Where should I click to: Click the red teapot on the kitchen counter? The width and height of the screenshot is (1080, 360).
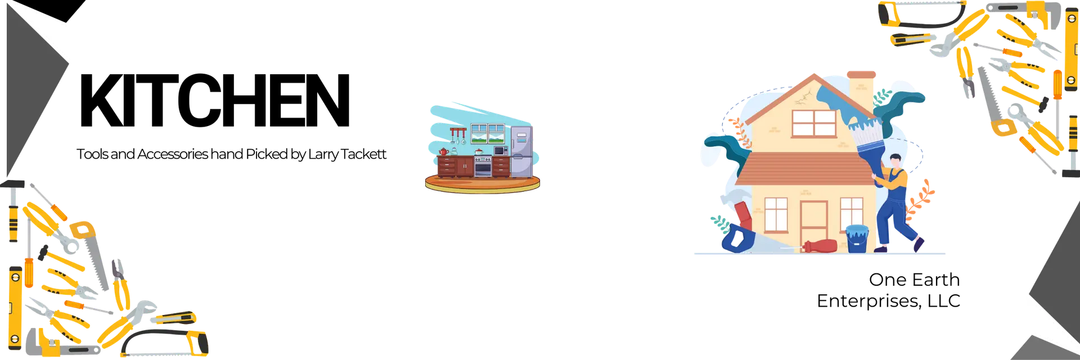click(443, 151)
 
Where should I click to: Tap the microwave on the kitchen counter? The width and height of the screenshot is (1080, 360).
click(500, 150)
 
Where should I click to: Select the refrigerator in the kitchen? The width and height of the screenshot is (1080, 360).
click(521, 151)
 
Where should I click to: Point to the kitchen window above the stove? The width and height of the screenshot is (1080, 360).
click(487, 134)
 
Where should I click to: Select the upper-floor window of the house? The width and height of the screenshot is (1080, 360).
click(813, 123)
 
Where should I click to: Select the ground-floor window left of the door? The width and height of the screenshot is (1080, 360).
click(776, 214)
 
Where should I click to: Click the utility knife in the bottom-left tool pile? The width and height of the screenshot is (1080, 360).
click(174, 318)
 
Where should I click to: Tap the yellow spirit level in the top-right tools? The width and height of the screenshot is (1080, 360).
click(1070, 51)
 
